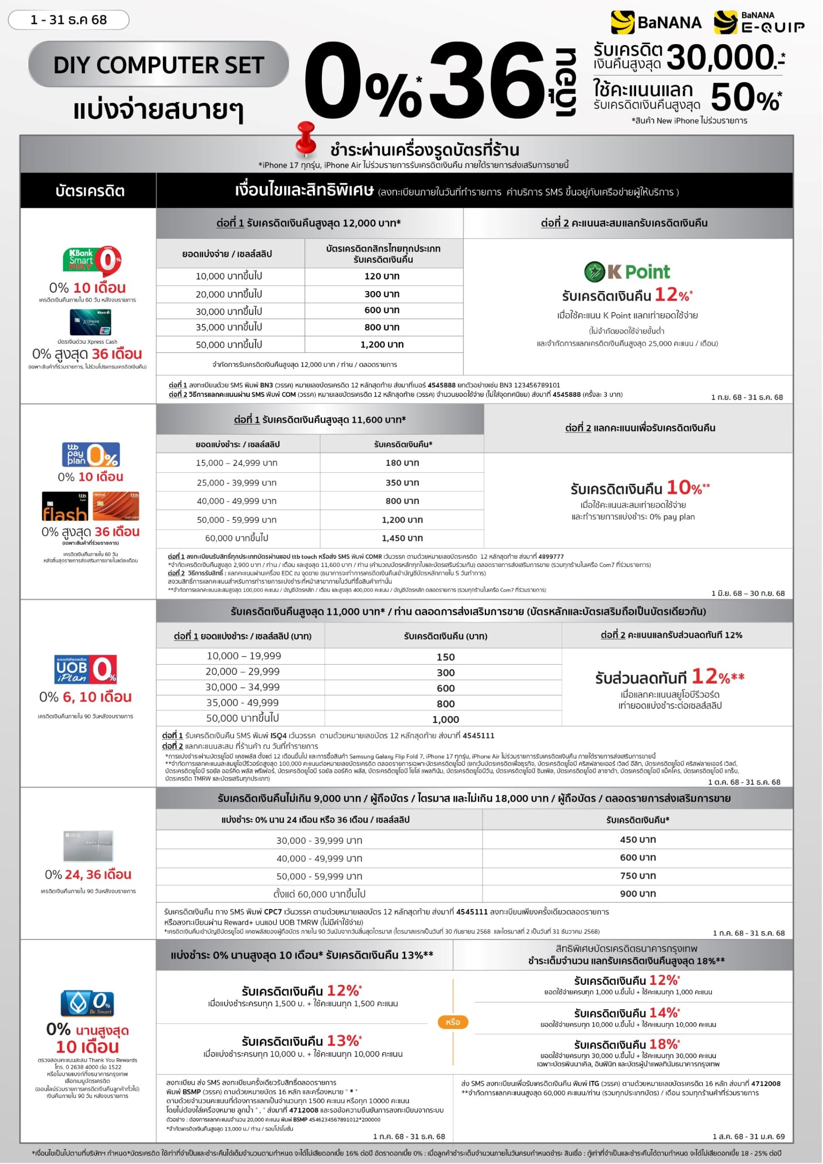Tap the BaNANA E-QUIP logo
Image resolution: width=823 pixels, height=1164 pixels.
coord(758,23)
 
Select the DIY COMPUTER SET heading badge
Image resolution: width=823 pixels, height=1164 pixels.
coord(158,65)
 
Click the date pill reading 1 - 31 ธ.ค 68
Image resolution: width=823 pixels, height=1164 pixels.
coord(69,20)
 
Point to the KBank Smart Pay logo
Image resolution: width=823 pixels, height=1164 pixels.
coord(92,261)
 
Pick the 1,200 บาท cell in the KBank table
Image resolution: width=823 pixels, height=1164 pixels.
coord(382,345)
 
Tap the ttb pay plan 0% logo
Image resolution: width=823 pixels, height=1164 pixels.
coord(91,454)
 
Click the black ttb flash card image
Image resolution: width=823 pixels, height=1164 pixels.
coord(65,506)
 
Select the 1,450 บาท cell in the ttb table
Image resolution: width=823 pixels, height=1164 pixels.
coord(401,538)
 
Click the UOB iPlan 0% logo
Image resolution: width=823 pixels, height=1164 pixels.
coord(85,669)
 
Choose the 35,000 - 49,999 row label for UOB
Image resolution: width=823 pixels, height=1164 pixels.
coord(242,702)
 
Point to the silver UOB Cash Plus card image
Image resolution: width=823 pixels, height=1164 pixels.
coord(88,846)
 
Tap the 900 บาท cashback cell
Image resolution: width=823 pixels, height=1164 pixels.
coord(637,893)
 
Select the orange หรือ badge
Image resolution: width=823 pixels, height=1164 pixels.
coord(452,1022)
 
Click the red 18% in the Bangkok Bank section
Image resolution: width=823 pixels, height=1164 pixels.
coord(664,1044)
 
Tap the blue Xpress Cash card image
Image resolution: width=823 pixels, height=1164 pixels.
coord(90,322)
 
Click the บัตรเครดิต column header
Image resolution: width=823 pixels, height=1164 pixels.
coord(90,191)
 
